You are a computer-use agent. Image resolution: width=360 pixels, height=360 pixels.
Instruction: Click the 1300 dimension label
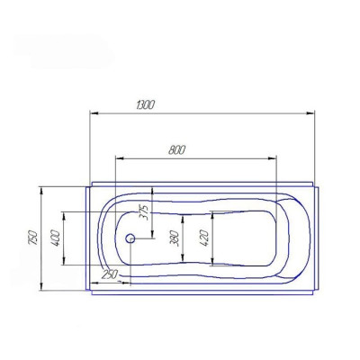click(146, 105)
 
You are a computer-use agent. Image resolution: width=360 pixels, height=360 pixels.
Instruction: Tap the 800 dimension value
click(176, 149)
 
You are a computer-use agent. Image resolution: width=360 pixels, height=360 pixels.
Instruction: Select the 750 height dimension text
click(33, 238)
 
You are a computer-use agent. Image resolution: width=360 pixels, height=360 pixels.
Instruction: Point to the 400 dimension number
click(56, 238)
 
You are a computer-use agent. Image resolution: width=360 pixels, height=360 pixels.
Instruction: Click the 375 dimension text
click(145, 212)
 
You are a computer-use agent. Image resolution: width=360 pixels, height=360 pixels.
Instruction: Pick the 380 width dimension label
click(175, 238)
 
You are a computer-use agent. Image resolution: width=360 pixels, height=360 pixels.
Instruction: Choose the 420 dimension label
click(204, 238)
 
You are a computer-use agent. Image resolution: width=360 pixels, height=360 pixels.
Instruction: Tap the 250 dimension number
click(110, 274)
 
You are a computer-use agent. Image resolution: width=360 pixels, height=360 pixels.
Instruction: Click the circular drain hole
click(130, 238)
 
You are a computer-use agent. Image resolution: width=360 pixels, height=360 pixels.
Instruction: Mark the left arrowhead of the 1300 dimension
click(94, 113)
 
